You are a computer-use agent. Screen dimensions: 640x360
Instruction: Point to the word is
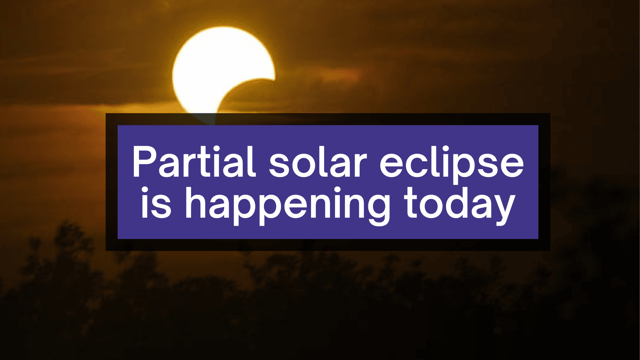coord(156,203)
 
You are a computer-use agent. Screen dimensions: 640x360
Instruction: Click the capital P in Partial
coord(145,162)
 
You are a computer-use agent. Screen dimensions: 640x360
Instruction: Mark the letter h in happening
coord(198,203)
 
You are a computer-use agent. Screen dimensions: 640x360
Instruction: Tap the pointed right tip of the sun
coord(274,79)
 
